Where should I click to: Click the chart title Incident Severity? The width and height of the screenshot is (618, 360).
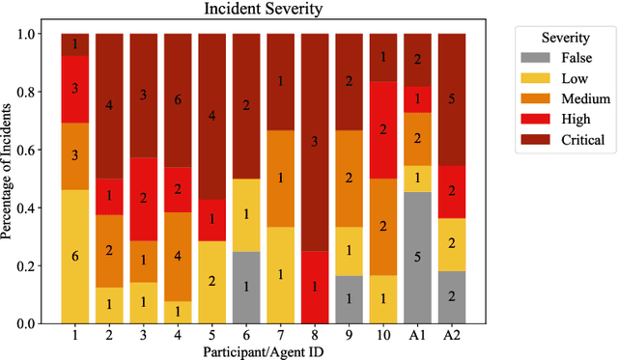tap(262, 12)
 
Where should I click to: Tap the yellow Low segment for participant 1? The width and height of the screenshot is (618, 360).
tap(75, 256)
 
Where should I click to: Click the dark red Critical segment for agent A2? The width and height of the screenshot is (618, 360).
tap(451, 99)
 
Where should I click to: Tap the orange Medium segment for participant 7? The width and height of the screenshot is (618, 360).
tap(280, 179)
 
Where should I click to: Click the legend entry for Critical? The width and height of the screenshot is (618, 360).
tap(566, 139)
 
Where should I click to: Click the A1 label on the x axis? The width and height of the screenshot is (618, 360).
tap(416, 334)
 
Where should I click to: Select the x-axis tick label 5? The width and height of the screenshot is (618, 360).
tap(211, 334)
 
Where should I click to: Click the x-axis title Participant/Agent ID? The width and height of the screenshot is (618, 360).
tap(263, 350)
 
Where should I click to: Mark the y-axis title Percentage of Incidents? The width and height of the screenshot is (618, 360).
tap(10, 179)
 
